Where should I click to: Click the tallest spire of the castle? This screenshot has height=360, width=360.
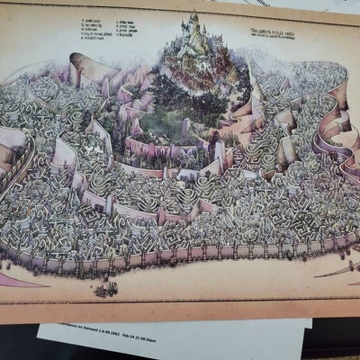tap(193, 18)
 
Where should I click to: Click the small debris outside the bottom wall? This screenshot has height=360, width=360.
tap(105, 289)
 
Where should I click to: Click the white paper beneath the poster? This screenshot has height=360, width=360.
tap(180, 342)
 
